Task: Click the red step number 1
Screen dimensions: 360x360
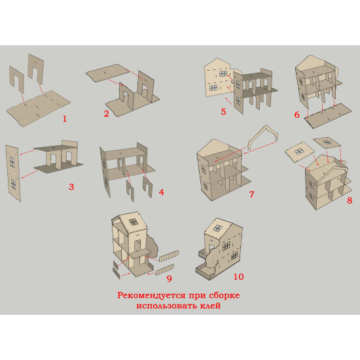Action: (x=65, y=118)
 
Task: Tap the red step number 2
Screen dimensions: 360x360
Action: (x=106, y=113)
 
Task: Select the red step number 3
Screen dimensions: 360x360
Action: (x=71, y=187)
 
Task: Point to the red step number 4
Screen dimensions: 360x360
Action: (x=162, y=192)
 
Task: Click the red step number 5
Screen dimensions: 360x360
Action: (x=223, y=112)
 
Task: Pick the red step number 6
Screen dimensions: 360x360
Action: (x=297, y=115)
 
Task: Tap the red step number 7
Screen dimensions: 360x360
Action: (x=252, y=194)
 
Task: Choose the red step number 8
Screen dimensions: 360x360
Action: (x=350, y=200)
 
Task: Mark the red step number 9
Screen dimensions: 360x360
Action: (x=170, y=278)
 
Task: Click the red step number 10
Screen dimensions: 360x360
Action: (x=238, y=277)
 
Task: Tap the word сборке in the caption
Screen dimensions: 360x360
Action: (x=224, y=295)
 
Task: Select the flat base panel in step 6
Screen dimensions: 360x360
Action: (x=328, y=115)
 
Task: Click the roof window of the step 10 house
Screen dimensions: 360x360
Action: (x=217, y=228)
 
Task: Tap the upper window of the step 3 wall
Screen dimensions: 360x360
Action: (x=12, y=162)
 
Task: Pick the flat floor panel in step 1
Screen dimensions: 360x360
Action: (x=39, y=109)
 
